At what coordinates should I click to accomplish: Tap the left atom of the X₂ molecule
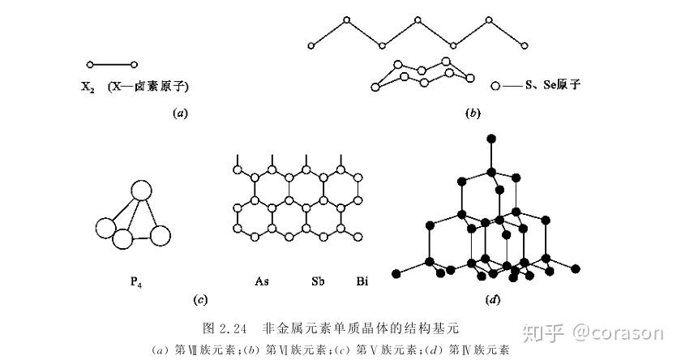click(90, 64)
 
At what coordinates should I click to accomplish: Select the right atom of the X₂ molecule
click(134, 64)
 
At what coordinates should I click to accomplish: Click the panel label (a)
click(180, 114)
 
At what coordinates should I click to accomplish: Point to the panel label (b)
click(473, 114)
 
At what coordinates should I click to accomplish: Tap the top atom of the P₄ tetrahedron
click(141, 191)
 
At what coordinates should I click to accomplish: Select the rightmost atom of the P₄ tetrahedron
click(160, 235)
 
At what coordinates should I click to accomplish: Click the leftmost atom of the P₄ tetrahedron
click(105, 228)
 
